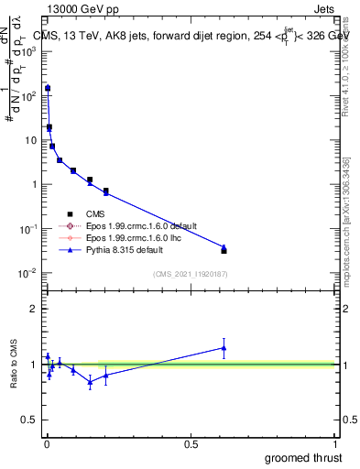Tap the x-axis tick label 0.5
click(191, 443)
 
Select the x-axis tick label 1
click(334, 443)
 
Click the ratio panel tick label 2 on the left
click(33, 309)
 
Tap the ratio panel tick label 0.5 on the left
click(29, 421)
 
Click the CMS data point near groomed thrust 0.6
click(224, 250)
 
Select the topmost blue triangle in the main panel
click(48, 88)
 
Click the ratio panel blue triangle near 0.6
click(224, 347)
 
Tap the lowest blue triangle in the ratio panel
click(90, 382)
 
